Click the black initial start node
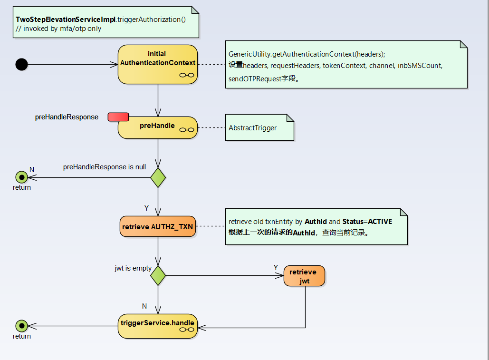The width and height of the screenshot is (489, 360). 21,64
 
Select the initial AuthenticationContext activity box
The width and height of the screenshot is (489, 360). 157,64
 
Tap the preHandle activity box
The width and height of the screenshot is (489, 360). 157,127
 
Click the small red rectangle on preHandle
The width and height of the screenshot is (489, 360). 118,117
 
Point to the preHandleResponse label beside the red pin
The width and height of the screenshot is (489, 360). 67,117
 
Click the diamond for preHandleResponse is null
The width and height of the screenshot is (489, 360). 158,177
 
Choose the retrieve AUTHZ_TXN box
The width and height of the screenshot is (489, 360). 157,227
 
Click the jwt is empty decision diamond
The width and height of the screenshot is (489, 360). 158,275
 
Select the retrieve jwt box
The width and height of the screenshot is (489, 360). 304,276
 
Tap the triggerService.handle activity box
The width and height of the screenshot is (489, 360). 157,326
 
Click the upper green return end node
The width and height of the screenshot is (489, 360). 21,177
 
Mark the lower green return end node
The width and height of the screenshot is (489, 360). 21,326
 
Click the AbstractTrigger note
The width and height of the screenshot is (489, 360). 259,127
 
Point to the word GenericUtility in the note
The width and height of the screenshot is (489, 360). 249,54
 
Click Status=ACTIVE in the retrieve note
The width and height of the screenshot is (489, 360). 367,222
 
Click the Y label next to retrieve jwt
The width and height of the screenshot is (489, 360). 276,268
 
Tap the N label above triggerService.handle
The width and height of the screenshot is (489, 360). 144,306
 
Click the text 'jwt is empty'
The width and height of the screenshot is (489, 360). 133,268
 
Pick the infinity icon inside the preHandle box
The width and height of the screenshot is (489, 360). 186,129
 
